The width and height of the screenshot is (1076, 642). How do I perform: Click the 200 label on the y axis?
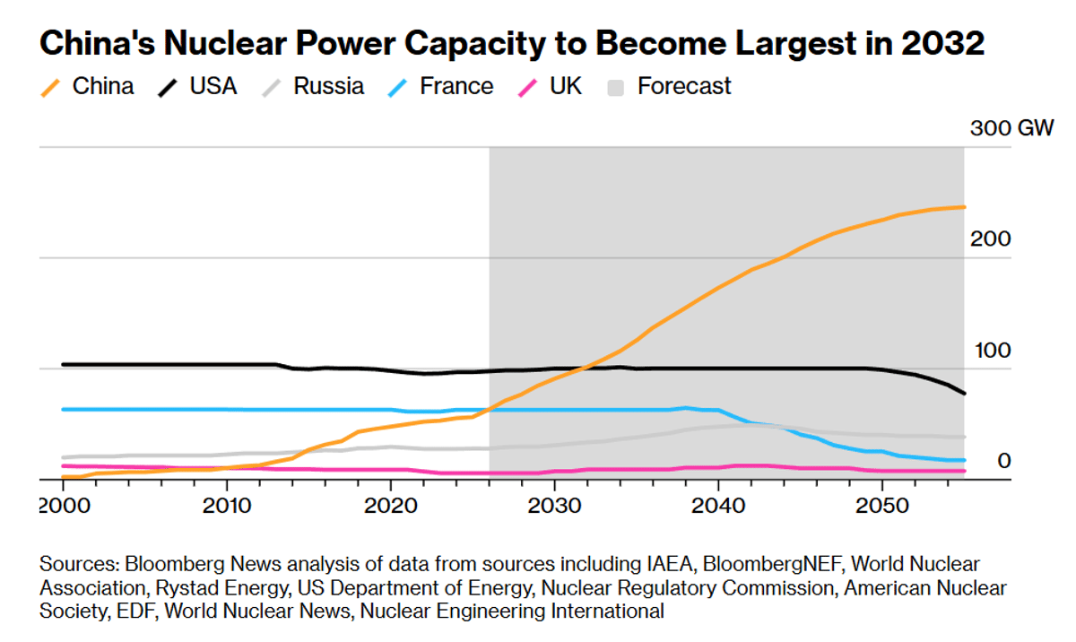[991, 239]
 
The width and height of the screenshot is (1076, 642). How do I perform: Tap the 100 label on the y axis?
[991, 350]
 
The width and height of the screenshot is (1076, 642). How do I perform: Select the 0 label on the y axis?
[1003, 461]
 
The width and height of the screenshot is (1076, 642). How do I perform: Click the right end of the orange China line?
[964, 207]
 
